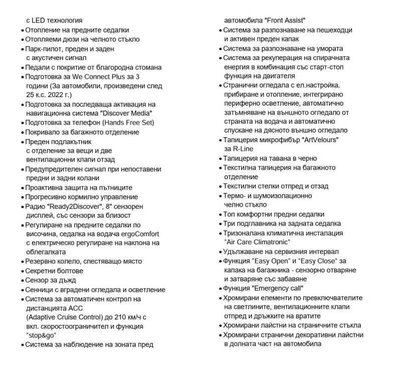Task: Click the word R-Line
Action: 243,149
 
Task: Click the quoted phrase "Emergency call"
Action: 278,288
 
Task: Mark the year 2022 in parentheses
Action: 56,95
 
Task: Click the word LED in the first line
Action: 39,21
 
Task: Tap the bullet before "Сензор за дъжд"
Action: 22,280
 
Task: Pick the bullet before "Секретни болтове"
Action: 22,271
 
